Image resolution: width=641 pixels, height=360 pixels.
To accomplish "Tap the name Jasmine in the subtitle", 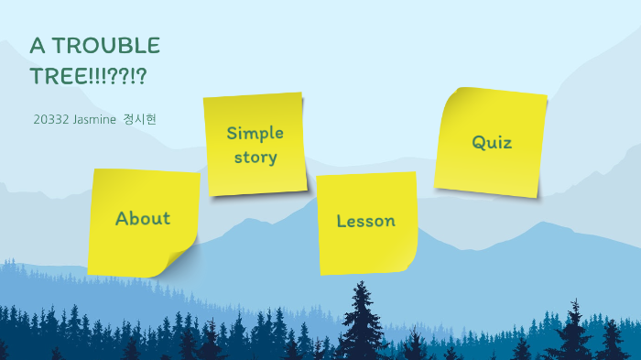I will (x=94, y=120).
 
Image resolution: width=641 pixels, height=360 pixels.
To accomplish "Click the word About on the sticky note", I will (x=143, y=218).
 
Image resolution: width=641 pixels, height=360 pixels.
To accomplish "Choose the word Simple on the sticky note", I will (x=255, y=133).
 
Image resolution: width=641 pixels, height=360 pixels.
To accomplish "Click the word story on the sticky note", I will (x=255, y=157).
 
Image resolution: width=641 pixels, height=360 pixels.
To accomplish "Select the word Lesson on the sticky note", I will (x=365, y=221).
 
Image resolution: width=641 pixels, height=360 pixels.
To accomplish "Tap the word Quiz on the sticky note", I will (x=492, y=142).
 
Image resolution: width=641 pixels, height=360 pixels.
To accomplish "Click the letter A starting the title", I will (x=38, y=46).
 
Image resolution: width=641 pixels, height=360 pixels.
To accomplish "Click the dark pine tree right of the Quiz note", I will (x=574, y=330).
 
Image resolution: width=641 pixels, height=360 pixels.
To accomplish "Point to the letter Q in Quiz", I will (x=478, y=142).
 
